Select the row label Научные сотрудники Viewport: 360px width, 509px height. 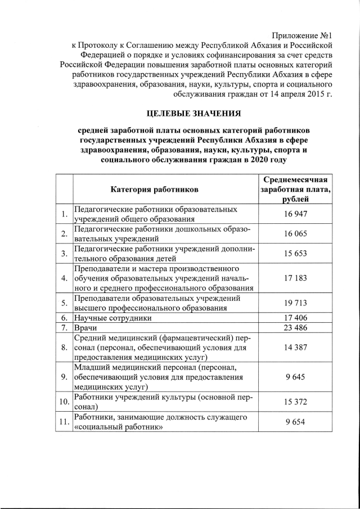112,318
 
